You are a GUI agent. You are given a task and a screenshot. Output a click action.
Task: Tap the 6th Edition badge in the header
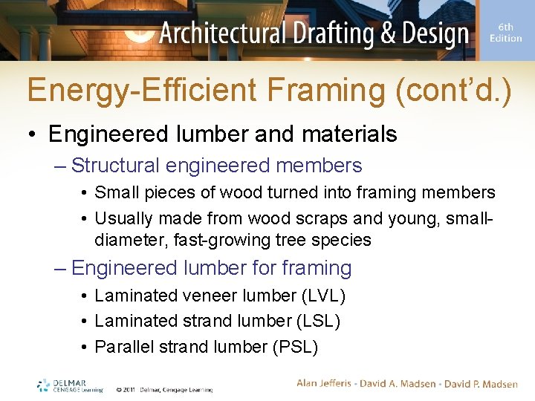(505, 33)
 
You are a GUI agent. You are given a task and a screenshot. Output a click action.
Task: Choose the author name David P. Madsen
(480, 383)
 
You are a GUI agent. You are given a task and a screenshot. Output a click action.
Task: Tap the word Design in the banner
(432, 33)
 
